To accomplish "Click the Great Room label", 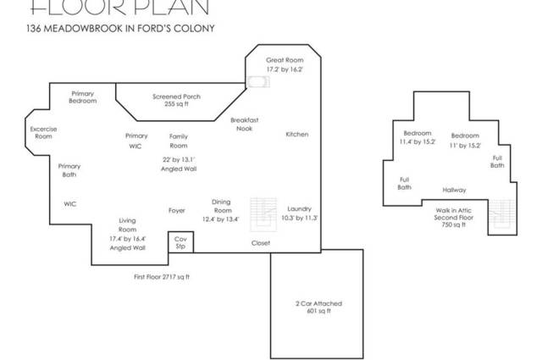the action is click(x=285, y=60).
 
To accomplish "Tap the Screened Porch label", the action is click(x=176, y=97).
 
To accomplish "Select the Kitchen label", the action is click(x=297, y=134).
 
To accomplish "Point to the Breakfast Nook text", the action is click(x=245, y=125).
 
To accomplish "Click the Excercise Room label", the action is click(x=43, y=132).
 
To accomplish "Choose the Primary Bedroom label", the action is click(x=83, y=97).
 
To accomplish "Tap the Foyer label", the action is click(x=177, y=210).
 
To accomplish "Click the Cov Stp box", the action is click(x=180, y=242).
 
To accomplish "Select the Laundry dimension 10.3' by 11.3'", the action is click(x=299, y=218).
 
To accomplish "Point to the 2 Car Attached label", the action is click(x=318, y=303).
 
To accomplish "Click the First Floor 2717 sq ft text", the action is click(x=162, y=277).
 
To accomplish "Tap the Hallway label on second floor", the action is click(x=454, y=190).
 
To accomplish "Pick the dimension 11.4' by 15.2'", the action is click(x=418, y=141).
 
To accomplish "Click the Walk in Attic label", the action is click(x=454, y=210).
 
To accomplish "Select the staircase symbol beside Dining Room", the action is click(x=263, y=214).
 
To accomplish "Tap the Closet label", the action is click(x=261, y=243).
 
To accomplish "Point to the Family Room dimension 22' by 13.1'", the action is click(x=179, y=160).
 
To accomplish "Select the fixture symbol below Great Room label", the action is click(x=258, y=82).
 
